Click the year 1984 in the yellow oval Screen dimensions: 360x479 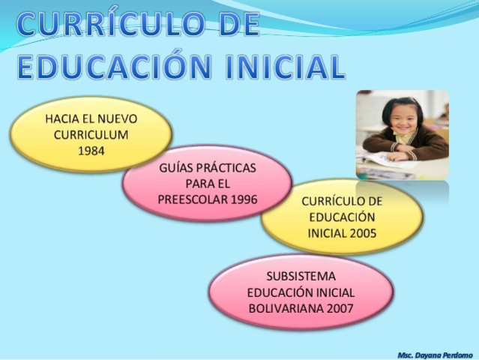91,150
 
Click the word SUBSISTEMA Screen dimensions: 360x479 301,276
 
